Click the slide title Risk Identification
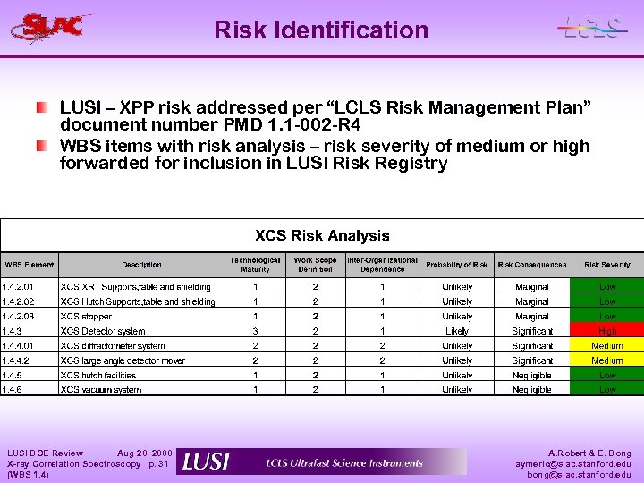(321, 30)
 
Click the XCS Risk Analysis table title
(322, 236)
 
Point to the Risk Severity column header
(607, 265)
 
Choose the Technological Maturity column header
(255, 265)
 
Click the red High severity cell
(607, 331)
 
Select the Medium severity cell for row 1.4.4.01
(607, 346)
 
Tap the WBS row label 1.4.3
(13, 331)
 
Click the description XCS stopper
(86, 317)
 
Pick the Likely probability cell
(457, 331)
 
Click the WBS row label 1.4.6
(13, 390)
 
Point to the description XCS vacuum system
(100, 390)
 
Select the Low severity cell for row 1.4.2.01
(607, 287)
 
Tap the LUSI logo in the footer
(207, 462)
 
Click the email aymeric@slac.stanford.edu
(572, 464)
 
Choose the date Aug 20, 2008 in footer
(145, 453)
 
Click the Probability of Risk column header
(457, 265)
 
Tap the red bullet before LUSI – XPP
(42, 108)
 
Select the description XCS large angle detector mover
(123, 360)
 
